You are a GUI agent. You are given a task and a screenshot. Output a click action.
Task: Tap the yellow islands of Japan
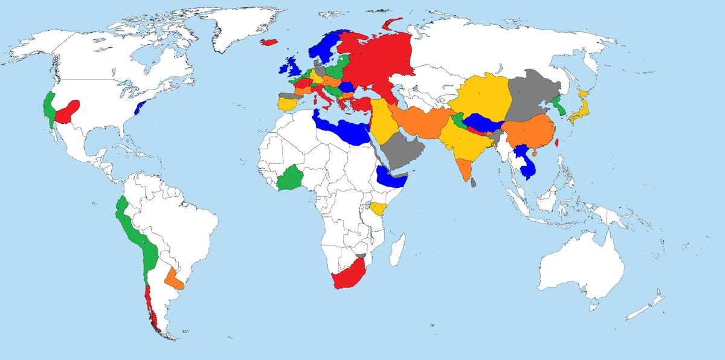(581, 112)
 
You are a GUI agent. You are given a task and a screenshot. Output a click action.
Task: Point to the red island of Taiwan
(556, 145)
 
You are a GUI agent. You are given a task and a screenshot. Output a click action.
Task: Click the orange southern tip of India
(465, 169)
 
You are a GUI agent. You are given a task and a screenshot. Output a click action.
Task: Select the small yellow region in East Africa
(378, 208)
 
